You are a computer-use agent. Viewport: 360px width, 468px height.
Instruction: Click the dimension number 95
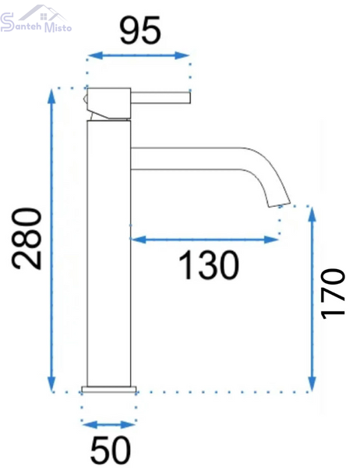coord(140,30)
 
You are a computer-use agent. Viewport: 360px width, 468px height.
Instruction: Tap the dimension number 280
coord(26,239)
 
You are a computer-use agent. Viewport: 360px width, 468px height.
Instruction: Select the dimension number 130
coord(209,265)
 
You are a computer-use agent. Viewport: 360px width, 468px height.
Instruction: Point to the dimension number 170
coord(334,293)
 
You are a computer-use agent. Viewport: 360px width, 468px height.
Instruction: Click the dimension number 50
coord(111,449)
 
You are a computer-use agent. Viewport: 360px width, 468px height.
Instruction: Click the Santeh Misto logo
coord(36,19)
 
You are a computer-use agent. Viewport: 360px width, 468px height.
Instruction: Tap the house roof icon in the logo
coord(44,13)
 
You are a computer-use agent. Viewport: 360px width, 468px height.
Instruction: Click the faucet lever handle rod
coord(161,98)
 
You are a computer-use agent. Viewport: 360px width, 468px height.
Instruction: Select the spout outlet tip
coord(279,204)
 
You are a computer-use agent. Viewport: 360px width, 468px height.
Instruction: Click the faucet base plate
coord(109,389)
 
